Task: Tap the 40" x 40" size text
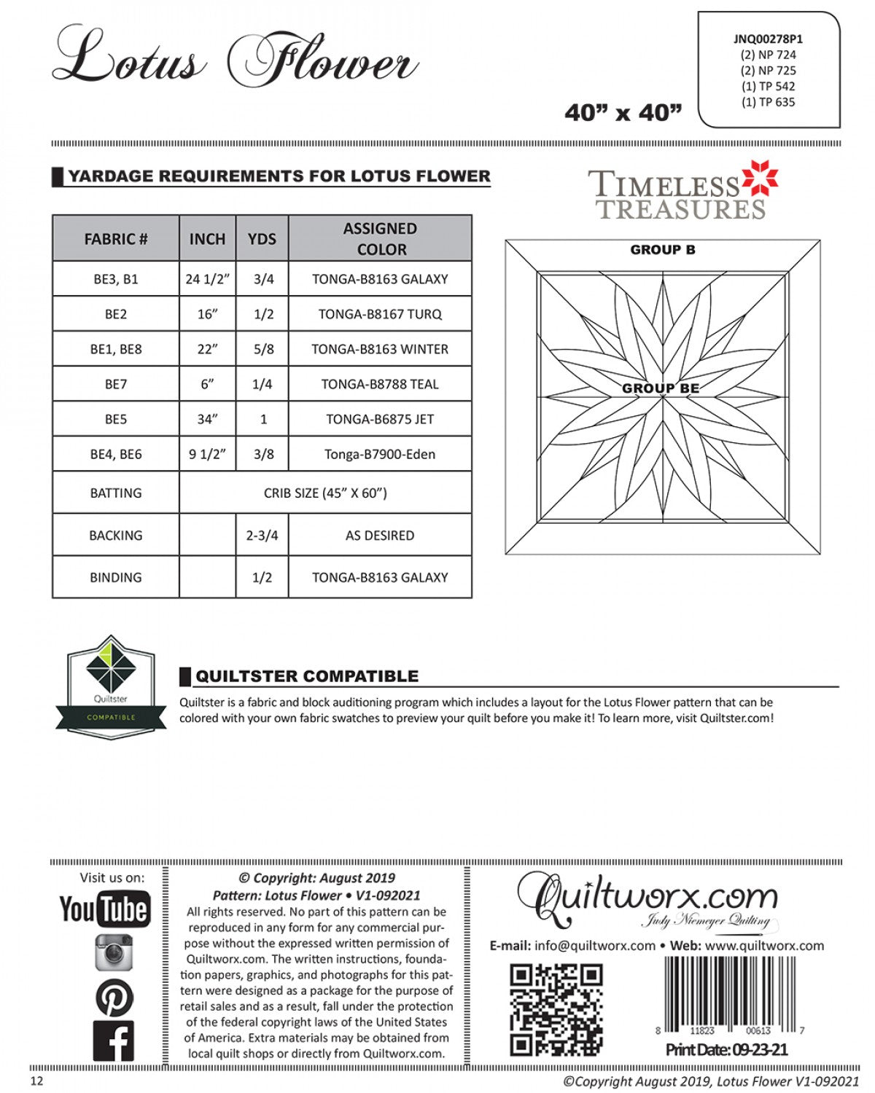623,113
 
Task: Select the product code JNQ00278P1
768,39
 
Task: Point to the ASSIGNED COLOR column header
380,238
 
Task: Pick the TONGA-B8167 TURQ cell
380,314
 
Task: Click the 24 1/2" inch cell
207,279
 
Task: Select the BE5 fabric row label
115,419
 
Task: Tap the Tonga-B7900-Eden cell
380,454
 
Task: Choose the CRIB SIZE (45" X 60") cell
325,493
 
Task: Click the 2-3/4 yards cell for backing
262,536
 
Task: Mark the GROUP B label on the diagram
662,250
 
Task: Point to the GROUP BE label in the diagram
661,388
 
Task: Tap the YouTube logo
105,909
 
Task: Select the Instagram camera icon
114,952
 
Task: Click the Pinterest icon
114,998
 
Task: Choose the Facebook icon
114,1041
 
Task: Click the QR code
556,1009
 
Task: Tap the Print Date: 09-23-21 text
726,1050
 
